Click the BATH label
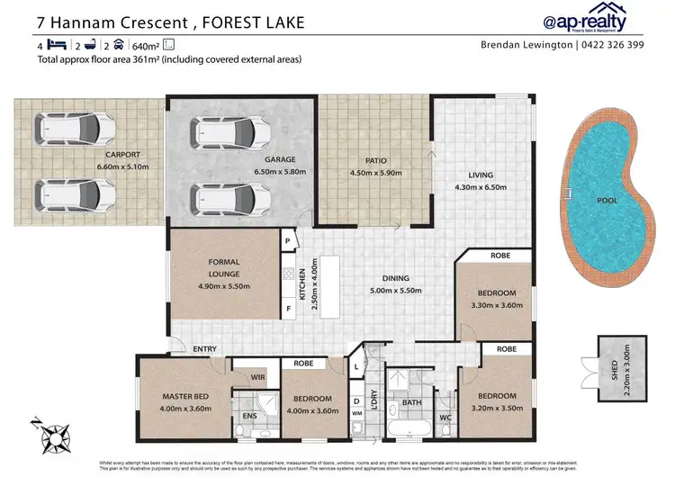(412, 402)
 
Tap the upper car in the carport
(68, 130)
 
